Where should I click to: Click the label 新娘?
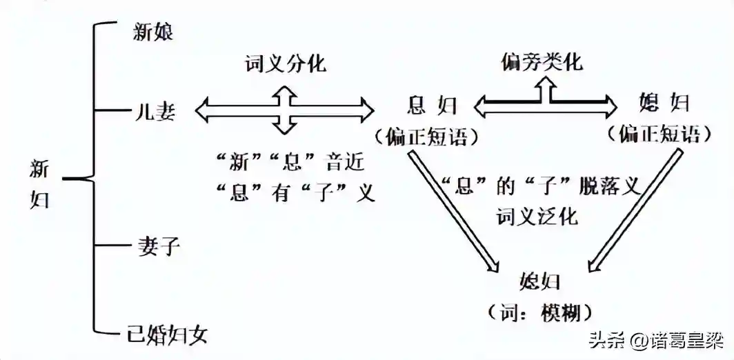coord(153,32)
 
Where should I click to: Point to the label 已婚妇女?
coord(168,336)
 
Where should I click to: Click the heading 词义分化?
coord(286,64)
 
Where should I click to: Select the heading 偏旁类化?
coord(542,63)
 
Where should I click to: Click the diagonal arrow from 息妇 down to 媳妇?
coord(452,210)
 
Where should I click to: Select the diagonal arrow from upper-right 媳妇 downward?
coord(631,210)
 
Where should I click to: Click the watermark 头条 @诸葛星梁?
coord(651,341)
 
